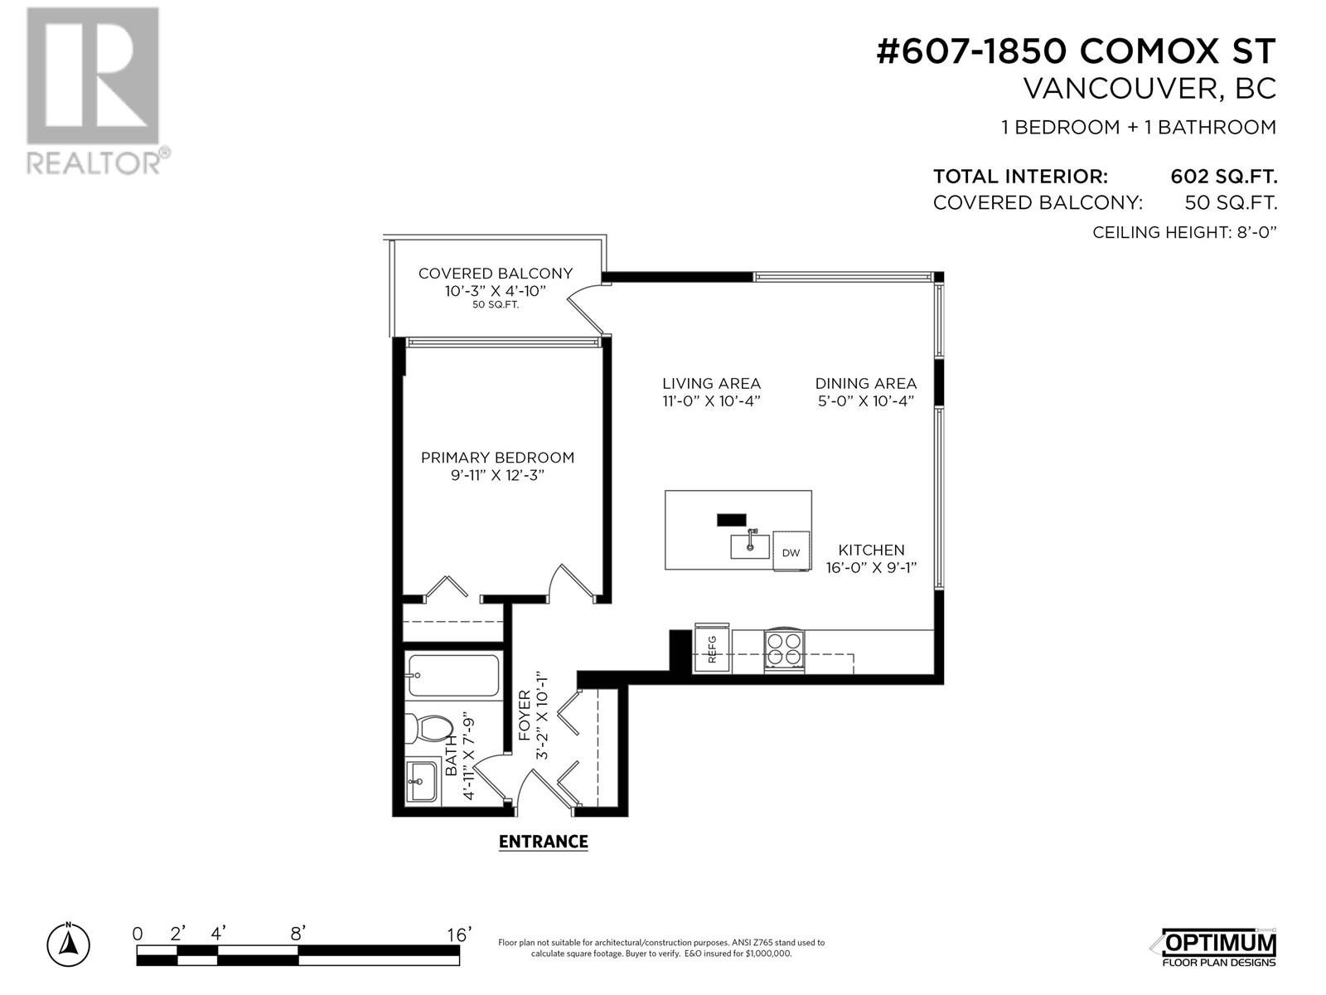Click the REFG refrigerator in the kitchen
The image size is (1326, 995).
(x=711, y=648)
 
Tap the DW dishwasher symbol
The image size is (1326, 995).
(x=791, y=551)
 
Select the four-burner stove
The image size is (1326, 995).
(x=784, y=650)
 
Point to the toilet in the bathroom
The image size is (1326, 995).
(x=428, y=729)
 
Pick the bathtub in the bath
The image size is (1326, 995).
(x=453, y=676)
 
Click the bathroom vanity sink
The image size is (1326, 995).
(x=422, y=782)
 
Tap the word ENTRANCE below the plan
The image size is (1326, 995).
(x=543, y=842)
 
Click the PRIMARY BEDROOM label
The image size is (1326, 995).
(x=497, y=458)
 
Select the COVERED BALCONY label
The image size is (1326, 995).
(x=496, y=273)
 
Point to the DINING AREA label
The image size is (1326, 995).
(x=866, y=383)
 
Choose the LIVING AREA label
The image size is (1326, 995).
(x=711, y=383)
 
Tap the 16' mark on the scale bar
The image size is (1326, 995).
(x=458, y=935)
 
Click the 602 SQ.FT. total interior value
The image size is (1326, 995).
(x=1223, y=177)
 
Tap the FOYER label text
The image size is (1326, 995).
(x=525, y=716)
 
